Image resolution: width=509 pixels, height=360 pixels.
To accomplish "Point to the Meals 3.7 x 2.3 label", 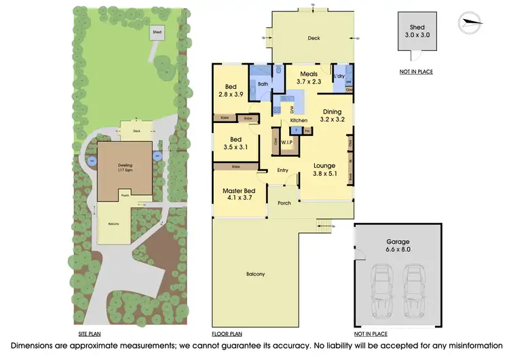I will (x=309, y=78).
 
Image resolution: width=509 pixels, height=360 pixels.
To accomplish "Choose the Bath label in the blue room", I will (x=263, y=84).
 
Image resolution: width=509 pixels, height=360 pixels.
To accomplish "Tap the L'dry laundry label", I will (x=340, y=75).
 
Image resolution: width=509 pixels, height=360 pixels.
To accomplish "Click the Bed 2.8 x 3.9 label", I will (x=230, y=91).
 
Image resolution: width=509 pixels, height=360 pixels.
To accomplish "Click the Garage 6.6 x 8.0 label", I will (x=398, y=245).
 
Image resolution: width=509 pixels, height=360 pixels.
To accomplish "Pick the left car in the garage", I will (x=381, y=287).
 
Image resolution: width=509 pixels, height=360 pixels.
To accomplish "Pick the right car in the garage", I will (x=415, y=287).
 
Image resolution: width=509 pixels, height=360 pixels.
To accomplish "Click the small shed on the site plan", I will (x=157, y=32).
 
